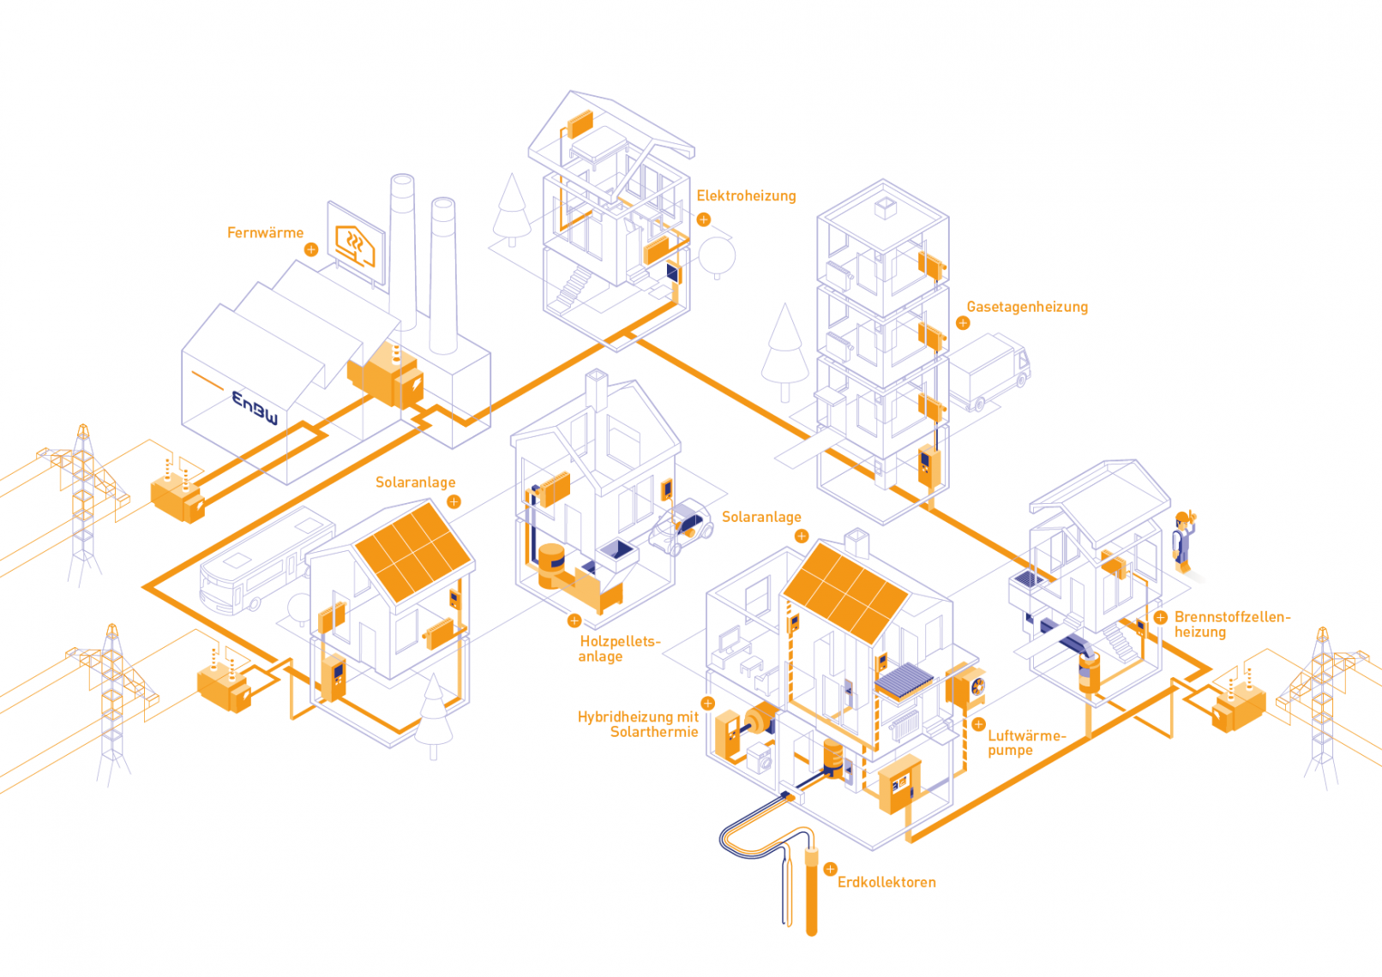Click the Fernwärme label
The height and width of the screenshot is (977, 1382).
point(265,233)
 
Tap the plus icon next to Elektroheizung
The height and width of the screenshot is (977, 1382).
point(704,220)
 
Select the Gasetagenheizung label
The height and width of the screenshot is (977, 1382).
point(1027,307)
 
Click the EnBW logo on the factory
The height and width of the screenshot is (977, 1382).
point(255,407)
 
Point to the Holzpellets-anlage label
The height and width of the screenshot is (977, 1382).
point(619,649)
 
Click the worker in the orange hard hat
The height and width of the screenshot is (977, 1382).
point(1183,541)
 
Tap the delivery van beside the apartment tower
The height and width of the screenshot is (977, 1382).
point(990,372)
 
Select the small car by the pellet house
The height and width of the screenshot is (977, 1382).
point(682,527)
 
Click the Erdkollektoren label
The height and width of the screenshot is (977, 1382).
point(886,883)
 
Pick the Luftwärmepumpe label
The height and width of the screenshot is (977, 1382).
point(1026,743)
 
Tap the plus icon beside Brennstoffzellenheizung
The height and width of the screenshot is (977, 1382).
point(1160,618)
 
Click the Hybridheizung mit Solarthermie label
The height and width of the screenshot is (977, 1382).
point(639,724)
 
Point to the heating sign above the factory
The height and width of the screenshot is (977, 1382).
point(356,243)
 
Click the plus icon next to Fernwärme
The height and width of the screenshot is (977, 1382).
point(311,249)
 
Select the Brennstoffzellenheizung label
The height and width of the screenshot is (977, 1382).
point(1231,625)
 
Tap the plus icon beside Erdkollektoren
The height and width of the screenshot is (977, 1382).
point(830,869)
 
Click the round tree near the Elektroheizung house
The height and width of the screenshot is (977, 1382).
point(717,255)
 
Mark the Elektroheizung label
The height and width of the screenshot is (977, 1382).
point(746,196)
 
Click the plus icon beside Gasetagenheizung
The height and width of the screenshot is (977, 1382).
point(963,323)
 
